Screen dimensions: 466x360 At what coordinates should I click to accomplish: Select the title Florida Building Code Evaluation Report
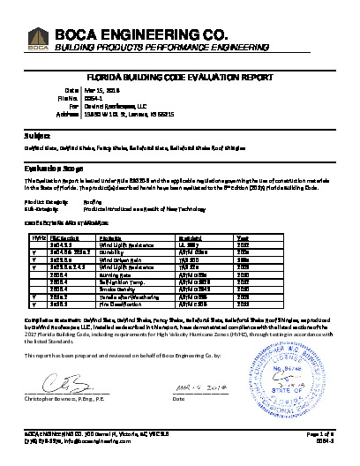coord(180,78)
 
